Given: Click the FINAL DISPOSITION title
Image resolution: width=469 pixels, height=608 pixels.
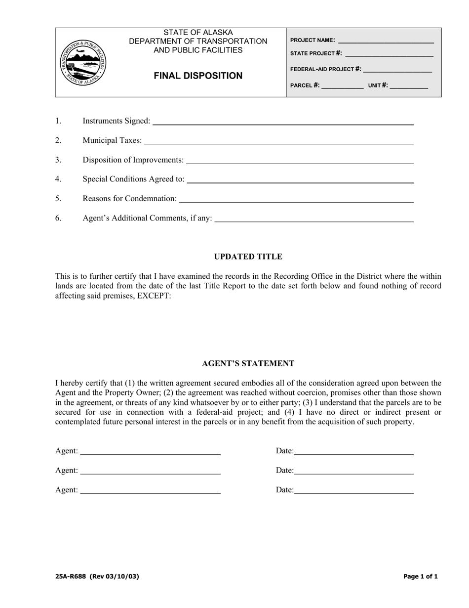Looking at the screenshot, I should (x=198, y=76).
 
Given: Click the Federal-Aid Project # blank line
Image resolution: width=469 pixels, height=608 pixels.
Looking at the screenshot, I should (x=397, y=70).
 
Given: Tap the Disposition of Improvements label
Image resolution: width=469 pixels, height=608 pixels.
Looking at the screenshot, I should (x=133, y=160).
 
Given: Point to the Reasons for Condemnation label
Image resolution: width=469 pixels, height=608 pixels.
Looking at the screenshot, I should (x=129, y=199).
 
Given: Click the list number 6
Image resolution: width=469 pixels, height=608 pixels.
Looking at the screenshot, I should (x=58, y=218).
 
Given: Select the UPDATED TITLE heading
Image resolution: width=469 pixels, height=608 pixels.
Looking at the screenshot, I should (x=248, y=257).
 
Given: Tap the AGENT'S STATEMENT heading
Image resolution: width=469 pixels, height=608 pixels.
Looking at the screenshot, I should (x=248, y=363).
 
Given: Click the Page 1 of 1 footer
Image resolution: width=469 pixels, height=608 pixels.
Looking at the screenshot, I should (x=420, y=576).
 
